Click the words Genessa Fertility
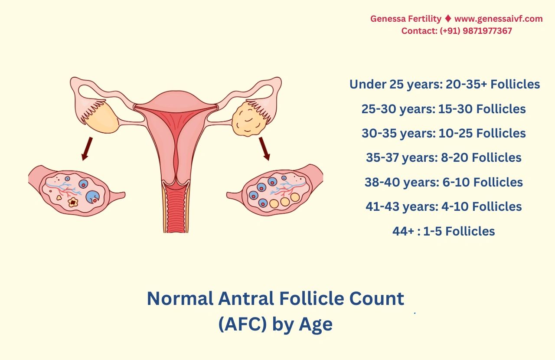point(405,19)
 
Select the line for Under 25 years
point(444,84)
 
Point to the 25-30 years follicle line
point(444,109)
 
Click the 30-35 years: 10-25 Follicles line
point(444,133)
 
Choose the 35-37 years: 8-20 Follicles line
point(444,157)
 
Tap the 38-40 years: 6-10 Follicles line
point(444,182)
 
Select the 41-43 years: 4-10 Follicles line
point(444,206)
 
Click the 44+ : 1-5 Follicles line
point(444,231)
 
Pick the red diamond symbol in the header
point(448,19)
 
